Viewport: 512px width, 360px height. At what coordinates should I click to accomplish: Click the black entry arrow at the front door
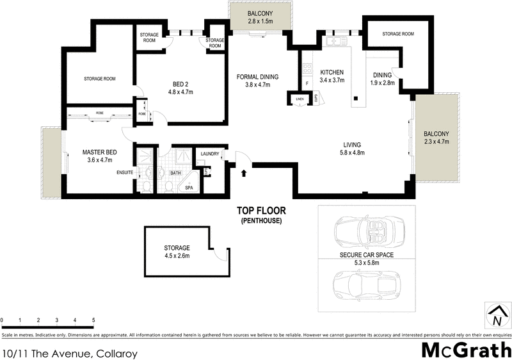244,171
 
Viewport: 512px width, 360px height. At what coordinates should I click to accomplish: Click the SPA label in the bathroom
189,188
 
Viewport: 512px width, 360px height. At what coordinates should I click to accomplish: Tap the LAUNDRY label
211,154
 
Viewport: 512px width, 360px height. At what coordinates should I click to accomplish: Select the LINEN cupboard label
299,99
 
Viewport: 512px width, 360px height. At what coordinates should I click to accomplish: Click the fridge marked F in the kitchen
307,83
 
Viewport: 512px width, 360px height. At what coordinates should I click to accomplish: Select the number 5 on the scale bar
94,319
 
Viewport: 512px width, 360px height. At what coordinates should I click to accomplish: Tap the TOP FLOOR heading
261,210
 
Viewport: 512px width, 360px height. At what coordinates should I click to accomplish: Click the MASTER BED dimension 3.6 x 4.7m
97,160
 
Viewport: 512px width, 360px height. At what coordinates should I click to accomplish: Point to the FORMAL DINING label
258,77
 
